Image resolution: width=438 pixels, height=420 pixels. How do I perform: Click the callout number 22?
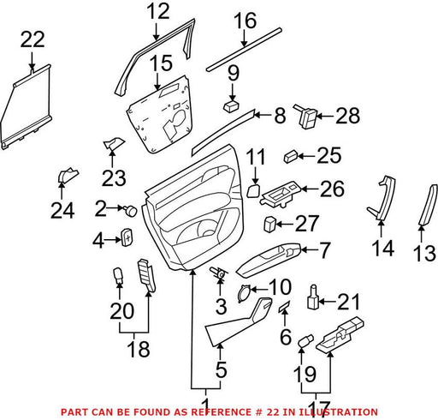(x=33, y=39)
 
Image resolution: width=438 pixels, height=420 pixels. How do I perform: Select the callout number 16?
(x=245, y=21)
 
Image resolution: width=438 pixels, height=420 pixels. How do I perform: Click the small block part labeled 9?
(x=231, y=107)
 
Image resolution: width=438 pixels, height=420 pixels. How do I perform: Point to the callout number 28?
(x=347, y=116)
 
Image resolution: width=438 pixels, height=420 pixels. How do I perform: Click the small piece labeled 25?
(x=291, y=157)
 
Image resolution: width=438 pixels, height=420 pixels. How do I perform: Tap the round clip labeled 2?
(x=130, y=211)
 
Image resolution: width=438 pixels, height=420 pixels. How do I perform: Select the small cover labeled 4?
(x=127, y=237)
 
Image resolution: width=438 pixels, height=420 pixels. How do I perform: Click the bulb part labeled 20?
(x=119, y=276)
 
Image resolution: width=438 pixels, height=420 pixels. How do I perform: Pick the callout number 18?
(x=139, y=349)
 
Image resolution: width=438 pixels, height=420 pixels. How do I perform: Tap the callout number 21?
(x=348, y=303)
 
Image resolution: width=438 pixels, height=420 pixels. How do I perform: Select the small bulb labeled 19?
(x=305, y=341)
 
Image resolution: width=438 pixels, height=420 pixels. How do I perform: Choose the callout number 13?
(x=425, y=253)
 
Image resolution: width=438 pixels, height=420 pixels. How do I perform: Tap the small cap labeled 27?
(x=269, y=224)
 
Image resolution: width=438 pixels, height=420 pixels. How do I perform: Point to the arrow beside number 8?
(x=263, y=115)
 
